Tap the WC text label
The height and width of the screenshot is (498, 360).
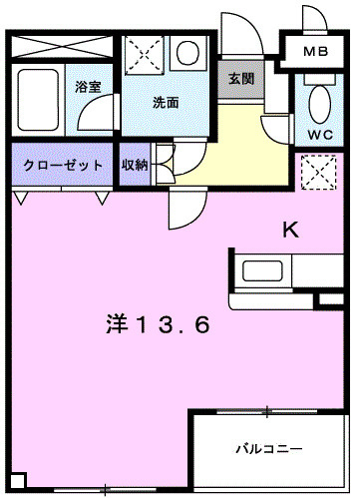pyautogui.click(x=319, y=134)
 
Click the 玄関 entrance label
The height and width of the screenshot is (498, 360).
pyautogui.click(x=240, y=79)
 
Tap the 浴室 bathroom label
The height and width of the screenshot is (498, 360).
pyautogui.click(x=89, y=87)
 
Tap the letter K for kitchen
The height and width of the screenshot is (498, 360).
pyautogui.click(x=290, y=231)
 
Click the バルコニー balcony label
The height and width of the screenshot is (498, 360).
pyautogui.click(x=269, y=446)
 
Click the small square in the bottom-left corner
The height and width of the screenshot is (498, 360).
pyautogui.click(x=12, y=481)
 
